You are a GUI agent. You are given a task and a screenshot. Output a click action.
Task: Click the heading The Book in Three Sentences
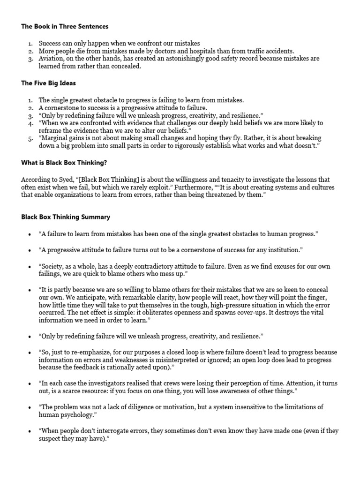click(x=65, y=27)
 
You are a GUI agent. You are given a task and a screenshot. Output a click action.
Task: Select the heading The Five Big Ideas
click(x=48, y=83)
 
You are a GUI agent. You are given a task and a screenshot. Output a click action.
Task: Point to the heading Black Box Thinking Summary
click(x=66, y=217)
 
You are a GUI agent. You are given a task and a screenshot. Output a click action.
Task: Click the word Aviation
click(x=52, y=59)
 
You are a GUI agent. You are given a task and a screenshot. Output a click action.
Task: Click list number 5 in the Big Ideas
click(x=30, y=138)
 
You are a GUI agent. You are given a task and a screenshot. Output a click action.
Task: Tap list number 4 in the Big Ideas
click(x=30, y=123)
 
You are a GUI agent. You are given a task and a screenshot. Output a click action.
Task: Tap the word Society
click(x=53, y=266)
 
